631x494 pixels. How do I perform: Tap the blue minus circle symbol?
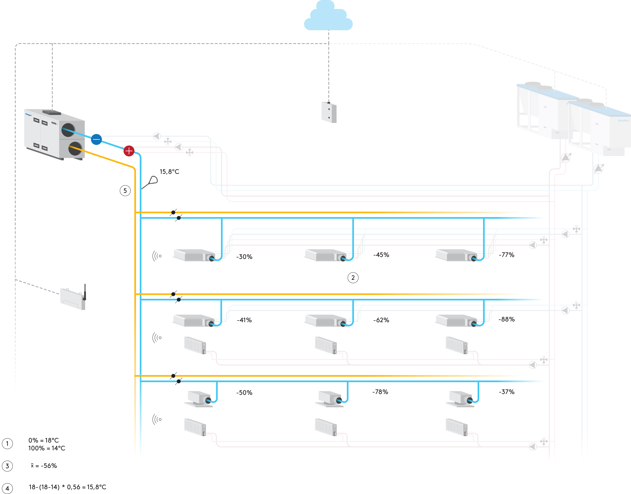pyautogui.click(x=96, y=139)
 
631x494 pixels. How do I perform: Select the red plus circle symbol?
pyautogui.click(x=129, y=151)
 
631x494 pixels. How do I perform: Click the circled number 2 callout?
pyautogui.click(x=353, y=278)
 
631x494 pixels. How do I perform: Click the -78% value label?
pyautogui.click(x=380, y=392)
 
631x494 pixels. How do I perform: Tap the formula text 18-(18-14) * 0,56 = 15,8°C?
pyautogui.click(x=67, y=487)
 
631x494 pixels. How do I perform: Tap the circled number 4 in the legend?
pyautogui.click(x=7, y=489)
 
